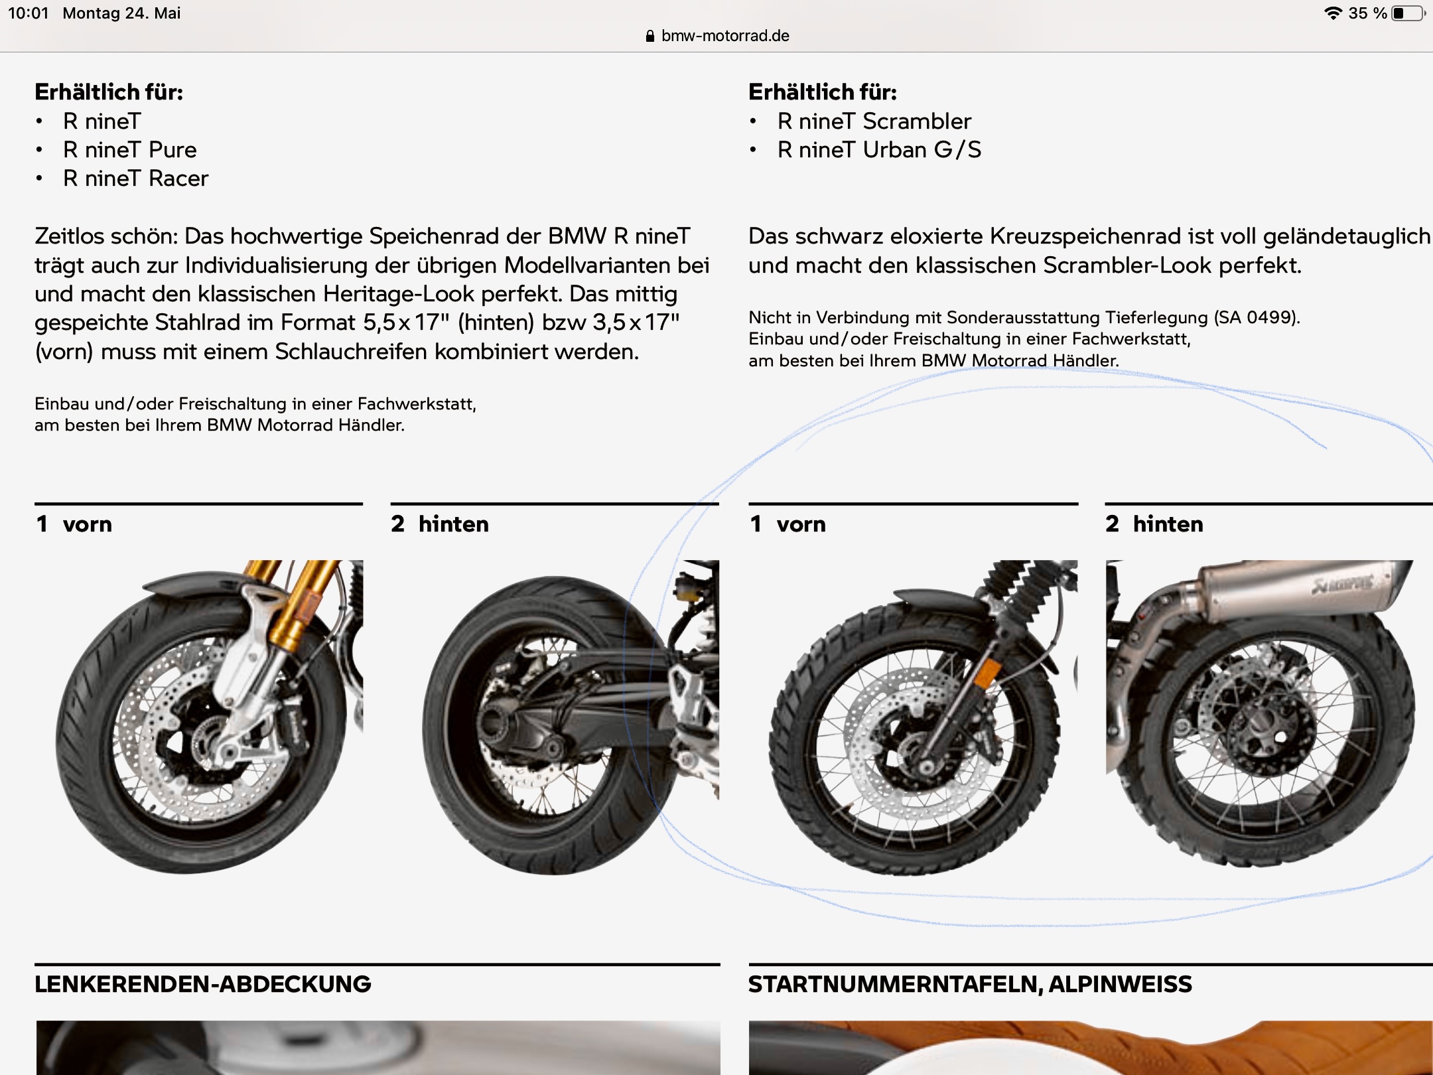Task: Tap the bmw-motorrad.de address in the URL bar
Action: (725, 36)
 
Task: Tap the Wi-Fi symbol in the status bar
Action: (1333, 13)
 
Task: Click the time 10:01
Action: (29, 13)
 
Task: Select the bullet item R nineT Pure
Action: (130, 150)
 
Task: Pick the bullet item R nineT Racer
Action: (136, 179)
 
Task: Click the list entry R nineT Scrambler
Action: (874, 121)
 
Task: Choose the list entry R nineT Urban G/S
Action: (879, 150)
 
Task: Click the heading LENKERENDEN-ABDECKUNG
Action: (203, 984)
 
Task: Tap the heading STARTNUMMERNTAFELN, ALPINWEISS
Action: (970, 984)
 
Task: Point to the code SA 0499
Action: (1255, 318)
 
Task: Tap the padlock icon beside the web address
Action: (650, 36)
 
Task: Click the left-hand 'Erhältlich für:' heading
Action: (109, 92)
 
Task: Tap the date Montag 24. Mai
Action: (121, 13)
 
